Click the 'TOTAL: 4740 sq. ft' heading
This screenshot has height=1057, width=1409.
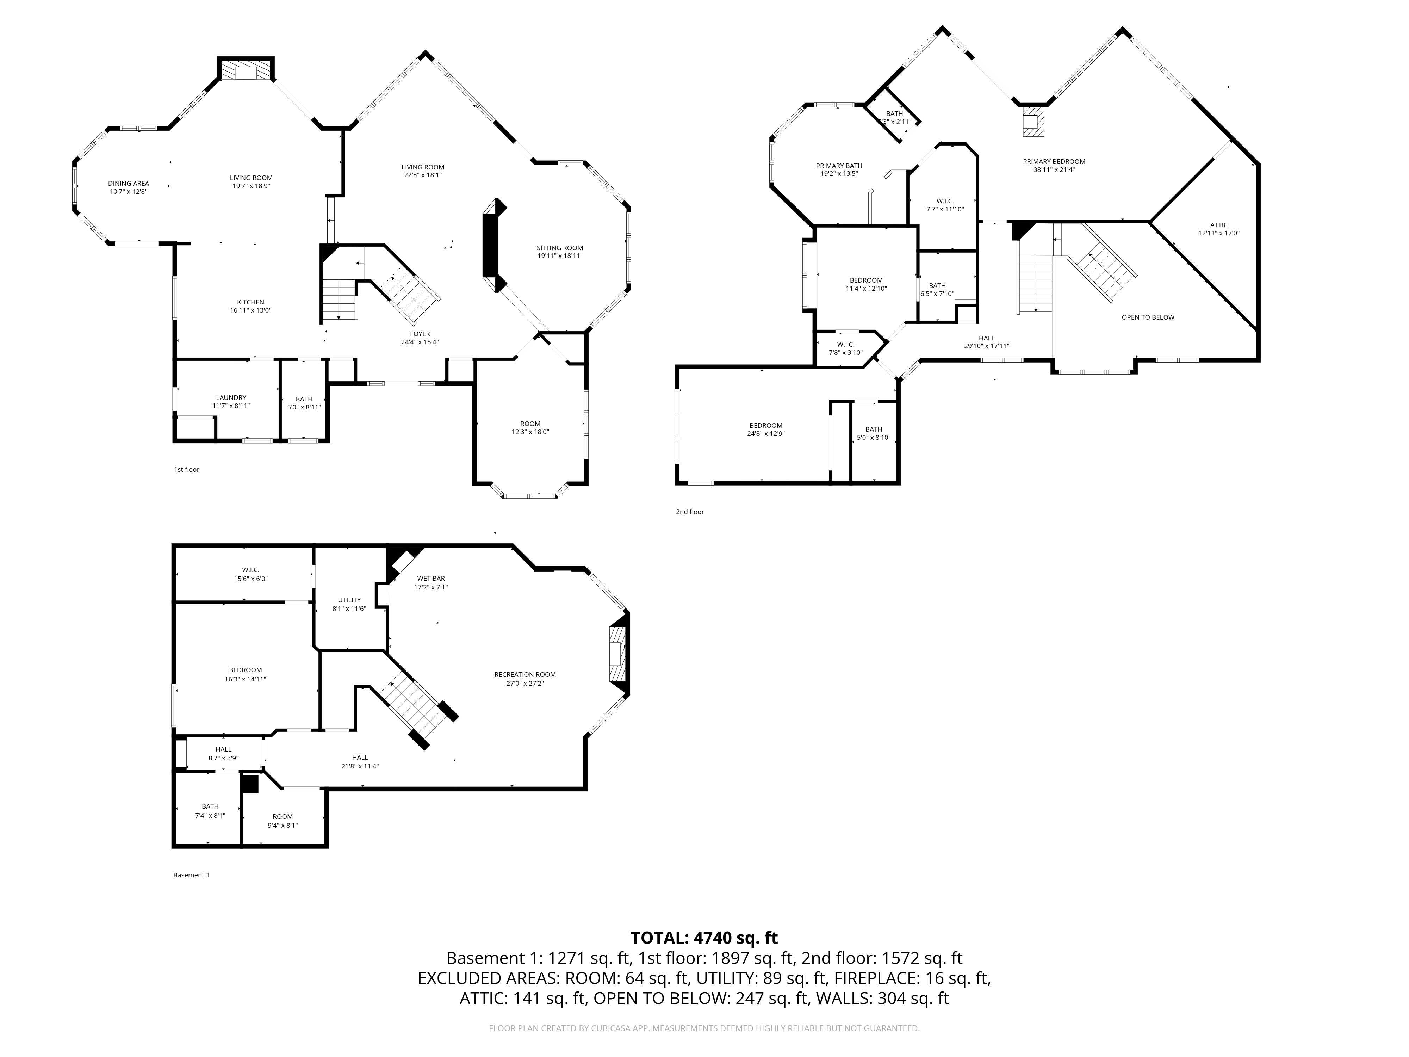click(x=704, y=937)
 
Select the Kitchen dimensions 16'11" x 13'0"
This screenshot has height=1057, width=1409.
click(x=250, y=310)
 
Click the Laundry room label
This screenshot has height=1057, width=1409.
click(x=231, y=397)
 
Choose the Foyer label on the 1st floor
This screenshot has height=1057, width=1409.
click(x=420, y=334)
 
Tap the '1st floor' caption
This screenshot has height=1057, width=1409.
click(x=187, y=470)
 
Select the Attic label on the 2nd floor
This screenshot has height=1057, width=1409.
click(x=1218, y=225)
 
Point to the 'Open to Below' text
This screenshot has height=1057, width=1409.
click(x=1148, y=317)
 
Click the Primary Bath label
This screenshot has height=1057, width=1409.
click(x=839, y=166)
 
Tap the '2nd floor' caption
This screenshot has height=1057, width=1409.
click(x=690, y=512)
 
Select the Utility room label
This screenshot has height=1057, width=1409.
click(x=349, y=600)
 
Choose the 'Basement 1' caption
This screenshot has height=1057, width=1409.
click(x=191, y=875)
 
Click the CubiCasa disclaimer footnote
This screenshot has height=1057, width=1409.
click(x=704, y=1028)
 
